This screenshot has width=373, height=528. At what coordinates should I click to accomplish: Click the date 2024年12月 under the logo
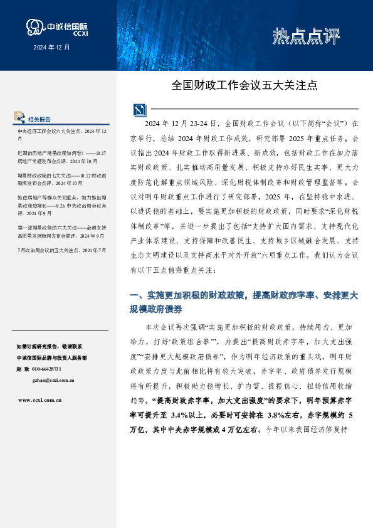(x=52, y=47)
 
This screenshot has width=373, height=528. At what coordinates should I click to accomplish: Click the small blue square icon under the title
(x=139, y=110)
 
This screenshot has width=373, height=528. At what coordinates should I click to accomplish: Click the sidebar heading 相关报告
(x=40, y=119)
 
